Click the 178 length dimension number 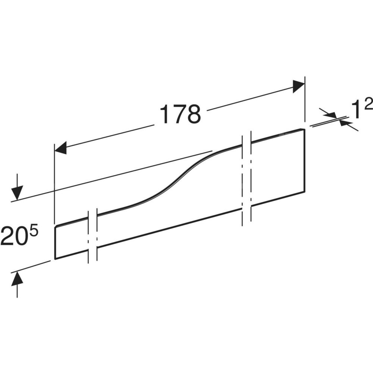(x=180, y=114)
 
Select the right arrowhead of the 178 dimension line (x=299, y=87)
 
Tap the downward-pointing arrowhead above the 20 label (x=17, y=192)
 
